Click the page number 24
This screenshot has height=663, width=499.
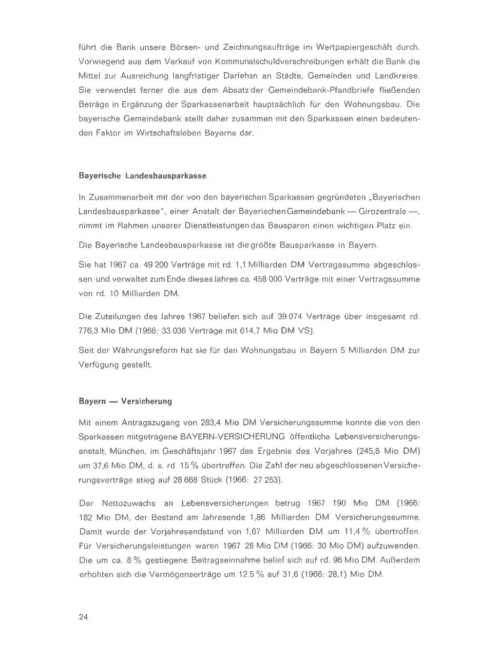pyautogui.click(x=83, y=617)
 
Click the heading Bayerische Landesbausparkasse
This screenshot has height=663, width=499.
pyautogui.click(x=142, y=176)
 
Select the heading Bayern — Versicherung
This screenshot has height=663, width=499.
pyautogui.click(x=125, y=402)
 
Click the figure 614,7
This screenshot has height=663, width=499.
pyautogui.click(x=249, y=331)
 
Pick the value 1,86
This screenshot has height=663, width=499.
pyautogui.click(x=258, y=518)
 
